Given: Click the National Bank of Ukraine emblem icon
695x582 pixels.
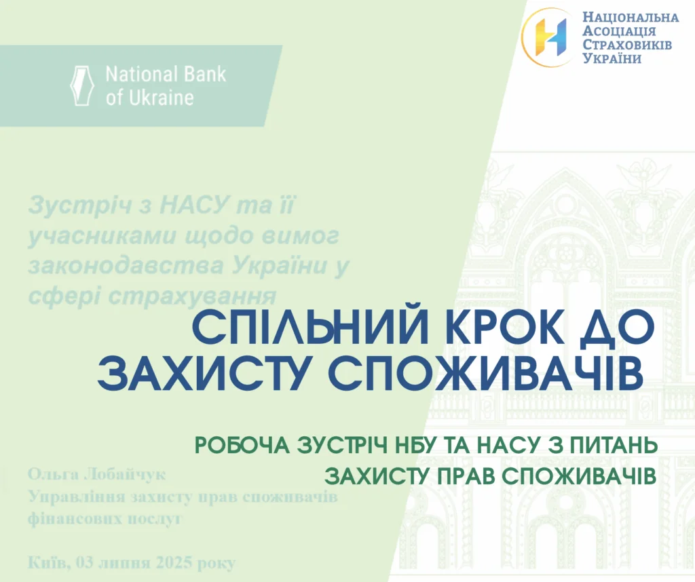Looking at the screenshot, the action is [x=82, y=85].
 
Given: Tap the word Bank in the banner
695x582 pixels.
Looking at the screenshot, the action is [x=205, y=74].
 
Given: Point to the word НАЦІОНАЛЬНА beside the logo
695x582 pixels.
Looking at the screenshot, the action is [x=631, y=17].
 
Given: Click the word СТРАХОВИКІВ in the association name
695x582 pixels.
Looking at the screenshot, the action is [x=627, y=45].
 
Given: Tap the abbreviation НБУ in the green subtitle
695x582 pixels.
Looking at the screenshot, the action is [x=416, y=446].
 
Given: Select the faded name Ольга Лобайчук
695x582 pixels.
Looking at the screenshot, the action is [x=96, y=474].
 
